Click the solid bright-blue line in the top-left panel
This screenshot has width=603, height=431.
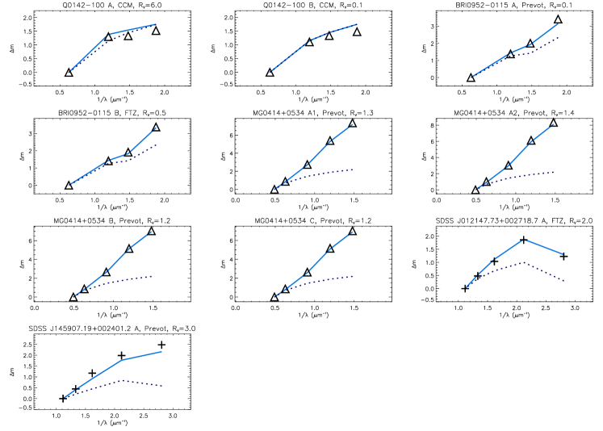[x=89, y=53]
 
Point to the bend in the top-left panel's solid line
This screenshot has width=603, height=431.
[x=110, y=34]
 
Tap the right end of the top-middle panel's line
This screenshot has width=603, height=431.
[x=356, y=25]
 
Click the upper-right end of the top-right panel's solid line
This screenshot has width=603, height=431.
[x=558, y=23]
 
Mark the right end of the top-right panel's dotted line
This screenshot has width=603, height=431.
[x=559, y=36]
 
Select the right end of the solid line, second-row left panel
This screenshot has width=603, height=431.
[x=156, y=128]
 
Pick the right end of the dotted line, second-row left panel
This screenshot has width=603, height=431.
[x=156, y=144]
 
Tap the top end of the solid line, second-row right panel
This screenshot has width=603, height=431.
[x=554, y=124]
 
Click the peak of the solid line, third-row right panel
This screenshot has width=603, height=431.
[x=525, y=239]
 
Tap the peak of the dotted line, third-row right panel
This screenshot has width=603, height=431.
[x=525, y=262]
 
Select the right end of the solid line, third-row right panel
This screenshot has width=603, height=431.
[x=563, y=254]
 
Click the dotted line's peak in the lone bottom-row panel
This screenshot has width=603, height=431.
[x=121, y=380]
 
